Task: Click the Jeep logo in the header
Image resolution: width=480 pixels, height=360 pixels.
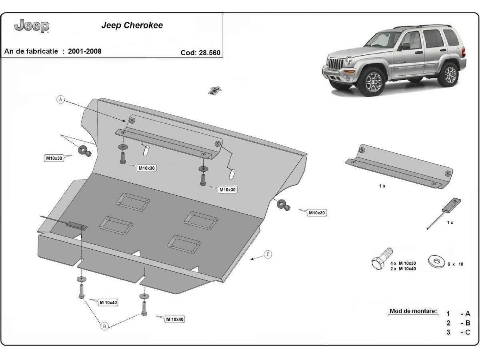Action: (x=32, y=26)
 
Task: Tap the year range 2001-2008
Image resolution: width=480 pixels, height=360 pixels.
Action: (x=84, y=51)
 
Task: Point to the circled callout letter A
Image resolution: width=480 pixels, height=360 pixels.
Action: (x=61, y=100)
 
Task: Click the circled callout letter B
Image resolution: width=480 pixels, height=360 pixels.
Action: (x=104, y=326)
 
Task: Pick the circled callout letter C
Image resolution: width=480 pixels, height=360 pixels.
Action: (x=268, y=254)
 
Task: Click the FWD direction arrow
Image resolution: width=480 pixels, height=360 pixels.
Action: (x=215, y=90)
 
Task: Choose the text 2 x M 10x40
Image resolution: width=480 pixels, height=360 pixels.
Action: (x=403, y=269)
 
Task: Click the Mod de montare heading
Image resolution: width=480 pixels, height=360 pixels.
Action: (x=413, y=311)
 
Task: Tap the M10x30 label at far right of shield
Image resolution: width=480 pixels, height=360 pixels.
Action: (x=317, y=213)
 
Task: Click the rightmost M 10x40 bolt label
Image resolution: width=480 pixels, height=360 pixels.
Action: (x=175, y=319)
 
